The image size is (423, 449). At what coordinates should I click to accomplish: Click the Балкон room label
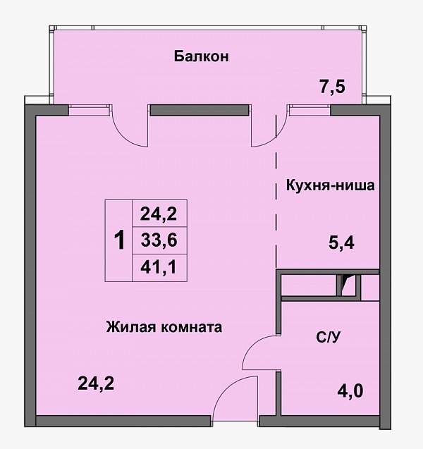(x=202, y=56)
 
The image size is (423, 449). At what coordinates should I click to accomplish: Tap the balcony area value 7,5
(x=332, y=87)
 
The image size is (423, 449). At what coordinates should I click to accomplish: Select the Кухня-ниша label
(x=330, y=185)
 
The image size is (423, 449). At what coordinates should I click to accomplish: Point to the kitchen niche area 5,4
(x=341, y=243)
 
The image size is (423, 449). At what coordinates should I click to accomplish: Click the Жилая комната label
(x=164, y=327)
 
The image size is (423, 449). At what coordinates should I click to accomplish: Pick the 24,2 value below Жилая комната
(x=96, y=383)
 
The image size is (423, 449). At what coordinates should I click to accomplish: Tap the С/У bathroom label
(x=329, y=338)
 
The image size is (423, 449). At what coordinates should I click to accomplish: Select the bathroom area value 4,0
(x=350, y=391)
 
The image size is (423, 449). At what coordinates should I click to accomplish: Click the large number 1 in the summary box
(x=119, y=240)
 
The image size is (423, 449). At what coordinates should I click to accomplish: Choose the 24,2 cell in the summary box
(x=159, y=214)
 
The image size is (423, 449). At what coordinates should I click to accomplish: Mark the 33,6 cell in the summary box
(x=159, y=240)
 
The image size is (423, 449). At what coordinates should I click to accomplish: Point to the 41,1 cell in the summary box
(x=158, y=267)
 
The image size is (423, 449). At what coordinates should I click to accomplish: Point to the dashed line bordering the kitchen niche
(x=276, y=191)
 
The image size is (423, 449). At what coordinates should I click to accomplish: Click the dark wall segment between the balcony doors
(x=200, y=110)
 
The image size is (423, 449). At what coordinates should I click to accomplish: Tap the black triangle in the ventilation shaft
(x=349, y=281)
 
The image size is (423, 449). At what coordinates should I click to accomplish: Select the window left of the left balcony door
(x=90, y=111)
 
